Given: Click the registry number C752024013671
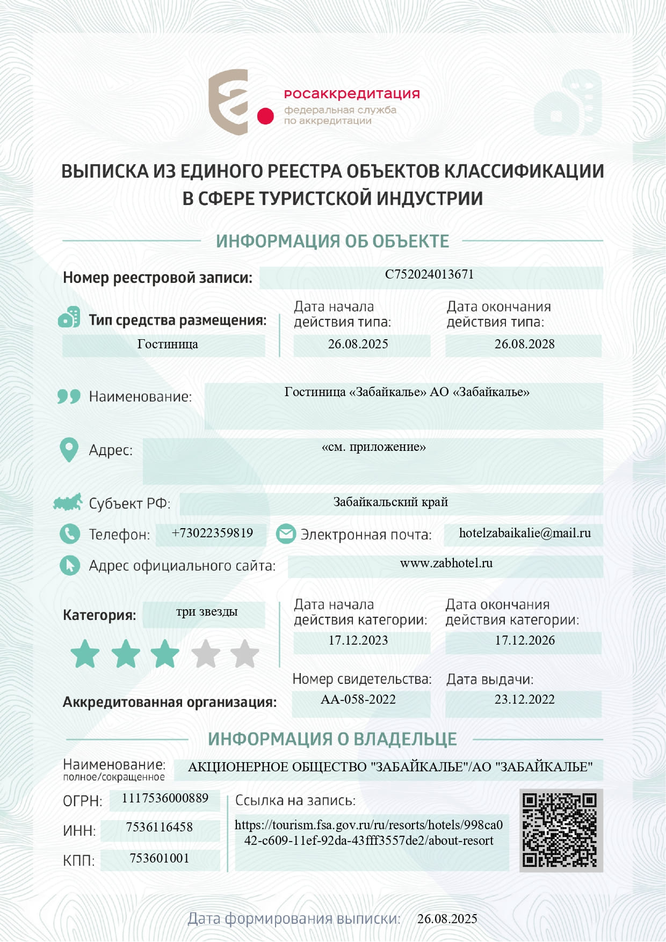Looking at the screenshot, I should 429,274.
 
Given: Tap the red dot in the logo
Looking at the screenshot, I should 265,116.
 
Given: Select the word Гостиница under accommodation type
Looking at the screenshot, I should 168,344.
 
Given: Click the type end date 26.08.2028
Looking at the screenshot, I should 524,344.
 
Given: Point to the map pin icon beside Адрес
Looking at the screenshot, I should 69,449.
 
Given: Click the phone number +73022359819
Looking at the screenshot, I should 212,533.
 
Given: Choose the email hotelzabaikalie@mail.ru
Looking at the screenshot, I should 525,533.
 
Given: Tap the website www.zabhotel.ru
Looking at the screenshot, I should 446,563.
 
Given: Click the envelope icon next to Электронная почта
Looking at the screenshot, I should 286,534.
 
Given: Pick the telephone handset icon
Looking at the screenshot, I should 69,534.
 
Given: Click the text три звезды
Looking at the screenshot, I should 207,611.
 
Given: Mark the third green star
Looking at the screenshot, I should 165,654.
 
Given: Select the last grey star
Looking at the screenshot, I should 244,654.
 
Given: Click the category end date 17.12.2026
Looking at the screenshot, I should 525,640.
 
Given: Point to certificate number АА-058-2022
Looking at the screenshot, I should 358,699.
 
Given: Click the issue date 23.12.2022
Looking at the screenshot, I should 524,699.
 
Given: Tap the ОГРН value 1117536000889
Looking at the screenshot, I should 165,798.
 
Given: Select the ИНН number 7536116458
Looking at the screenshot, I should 159,827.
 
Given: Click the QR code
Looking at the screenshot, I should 560,830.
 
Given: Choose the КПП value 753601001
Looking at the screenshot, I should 159,858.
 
